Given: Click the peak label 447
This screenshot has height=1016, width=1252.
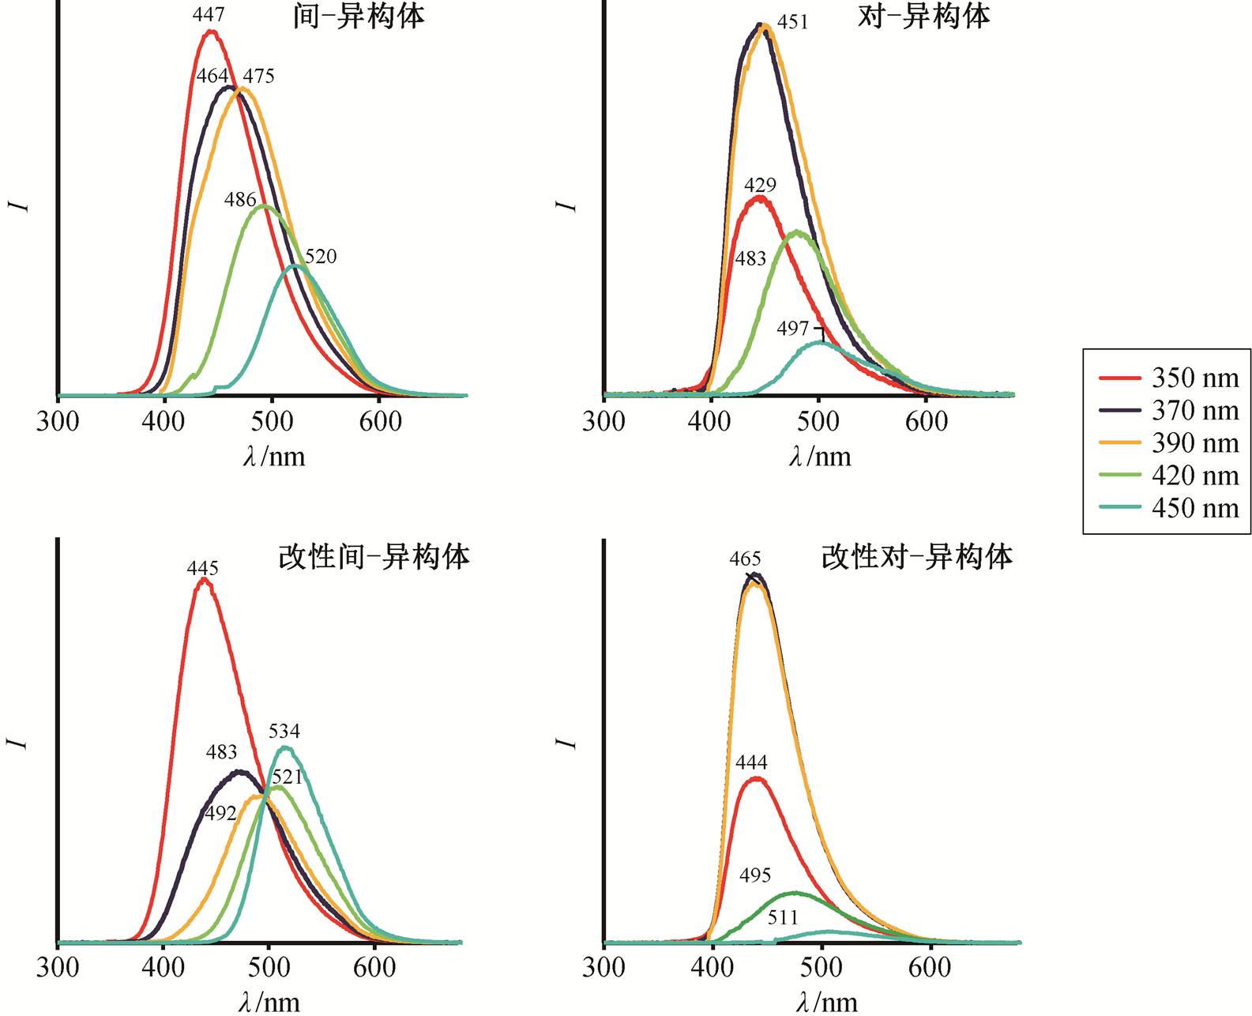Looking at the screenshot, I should [209, 14].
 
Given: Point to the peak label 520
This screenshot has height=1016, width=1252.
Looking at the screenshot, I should [321, 256].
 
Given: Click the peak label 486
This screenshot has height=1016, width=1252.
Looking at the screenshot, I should [240, 199].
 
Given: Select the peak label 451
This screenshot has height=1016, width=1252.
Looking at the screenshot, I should [793, 21].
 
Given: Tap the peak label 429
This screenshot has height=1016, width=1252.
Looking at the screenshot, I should [760, 185].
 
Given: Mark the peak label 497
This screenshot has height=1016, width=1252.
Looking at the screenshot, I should [793, 328].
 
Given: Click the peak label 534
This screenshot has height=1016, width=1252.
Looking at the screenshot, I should [284, 731].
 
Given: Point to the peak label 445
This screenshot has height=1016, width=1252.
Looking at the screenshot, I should [203, 568].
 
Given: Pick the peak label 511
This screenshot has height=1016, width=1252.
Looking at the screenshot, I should [783, 917].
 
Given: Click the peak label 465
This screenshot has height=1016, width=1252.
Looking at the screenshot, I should [745, 559].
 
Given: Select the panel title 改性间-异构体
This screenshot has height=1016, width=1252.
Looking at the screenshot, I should [374, 557].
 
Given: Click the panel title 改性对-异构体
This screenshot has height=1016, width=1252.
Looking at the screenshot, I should [916, 557].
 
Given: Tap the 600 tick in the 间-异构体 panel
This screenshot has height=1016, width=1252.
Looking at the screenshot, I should [380, 421].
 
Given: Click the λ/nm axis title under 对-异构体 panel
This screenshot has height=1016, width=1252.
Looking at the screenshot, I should [820, 456].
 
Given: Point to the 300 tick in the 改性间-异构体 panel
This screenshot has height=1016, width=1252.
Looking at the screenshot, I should [58, 968].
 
